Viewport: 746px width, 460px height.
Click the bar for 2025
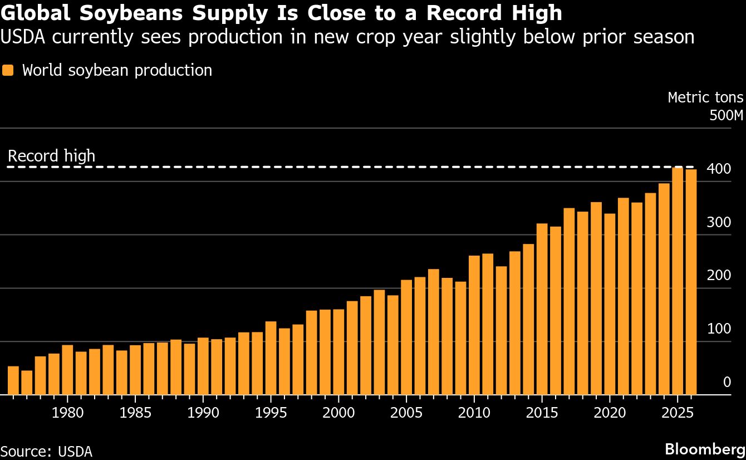point(678,281)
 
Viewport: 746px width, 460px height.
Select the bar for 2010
point(474,325)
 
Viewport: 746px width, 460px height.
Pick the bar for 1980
point(67,370)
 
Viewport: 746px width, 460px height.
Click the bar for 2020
point(610,304)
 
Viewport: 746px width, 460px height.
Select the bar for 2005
point(406,337)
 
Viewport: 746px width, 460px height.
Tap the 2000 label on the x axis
point(338,413)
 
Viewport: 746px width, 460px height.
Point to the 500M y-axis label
point(727,116)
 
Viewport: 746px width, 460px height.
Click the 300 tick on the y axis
point(719,223)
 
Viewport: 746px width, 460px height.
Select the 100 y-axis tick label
point(719,329)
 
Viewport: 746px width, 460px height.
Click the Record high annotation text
point(51,156)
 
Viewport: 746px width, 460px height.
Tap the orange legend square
point(8,71)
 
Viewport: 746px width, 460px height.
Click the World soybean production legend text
point(117,71)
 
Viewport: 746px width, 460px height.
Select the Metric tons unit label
point(705,97)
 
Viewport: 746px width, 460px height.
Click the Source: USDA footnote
point(46,451)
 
